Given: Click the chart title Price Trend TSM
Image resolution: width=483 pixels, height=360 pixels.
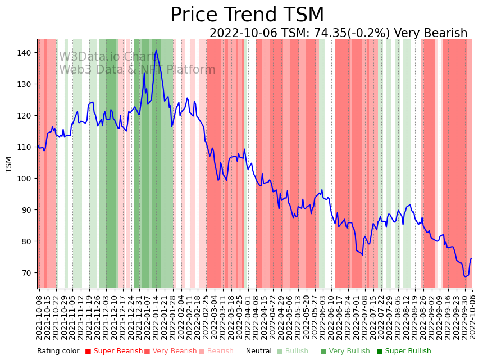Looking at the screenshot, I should [247, 15].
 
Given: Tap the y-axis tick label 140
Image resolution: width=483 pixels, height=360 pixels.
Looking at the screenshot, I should [26, 53].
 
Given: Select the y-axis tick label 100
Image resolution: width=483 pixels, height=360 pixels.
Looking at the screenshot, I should [26, 179].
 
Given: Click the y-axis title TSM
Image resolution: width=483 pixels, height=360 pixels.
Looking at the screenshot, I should [8, 165].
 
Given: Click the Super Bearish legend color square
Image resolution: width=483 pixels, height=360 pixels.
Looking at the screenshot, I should [88, 352].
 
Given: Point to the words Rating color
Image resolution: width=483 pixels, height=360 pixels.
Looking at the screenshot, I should [58, 352].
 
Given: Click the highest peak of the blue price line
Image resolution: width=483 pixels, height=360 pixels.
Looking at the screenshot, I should [156, 51].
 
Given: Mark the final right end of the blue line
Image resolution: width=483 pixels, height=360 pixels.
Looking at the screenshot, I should [472, 259].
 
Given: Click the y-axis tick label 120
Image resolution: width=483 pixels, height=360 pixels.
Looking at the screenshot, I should [26, 116].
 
